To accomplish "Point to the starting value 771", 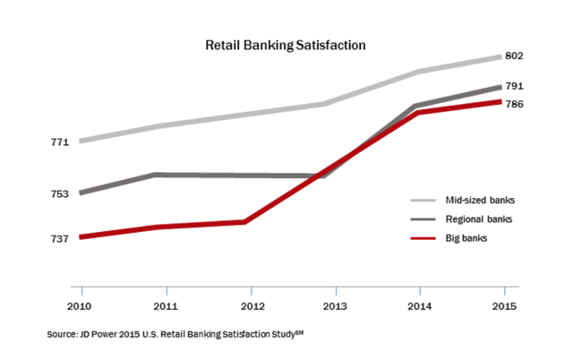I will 59,141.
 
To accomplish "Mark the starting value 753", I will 59,193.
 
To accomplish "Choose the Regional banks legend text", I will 477,219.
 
